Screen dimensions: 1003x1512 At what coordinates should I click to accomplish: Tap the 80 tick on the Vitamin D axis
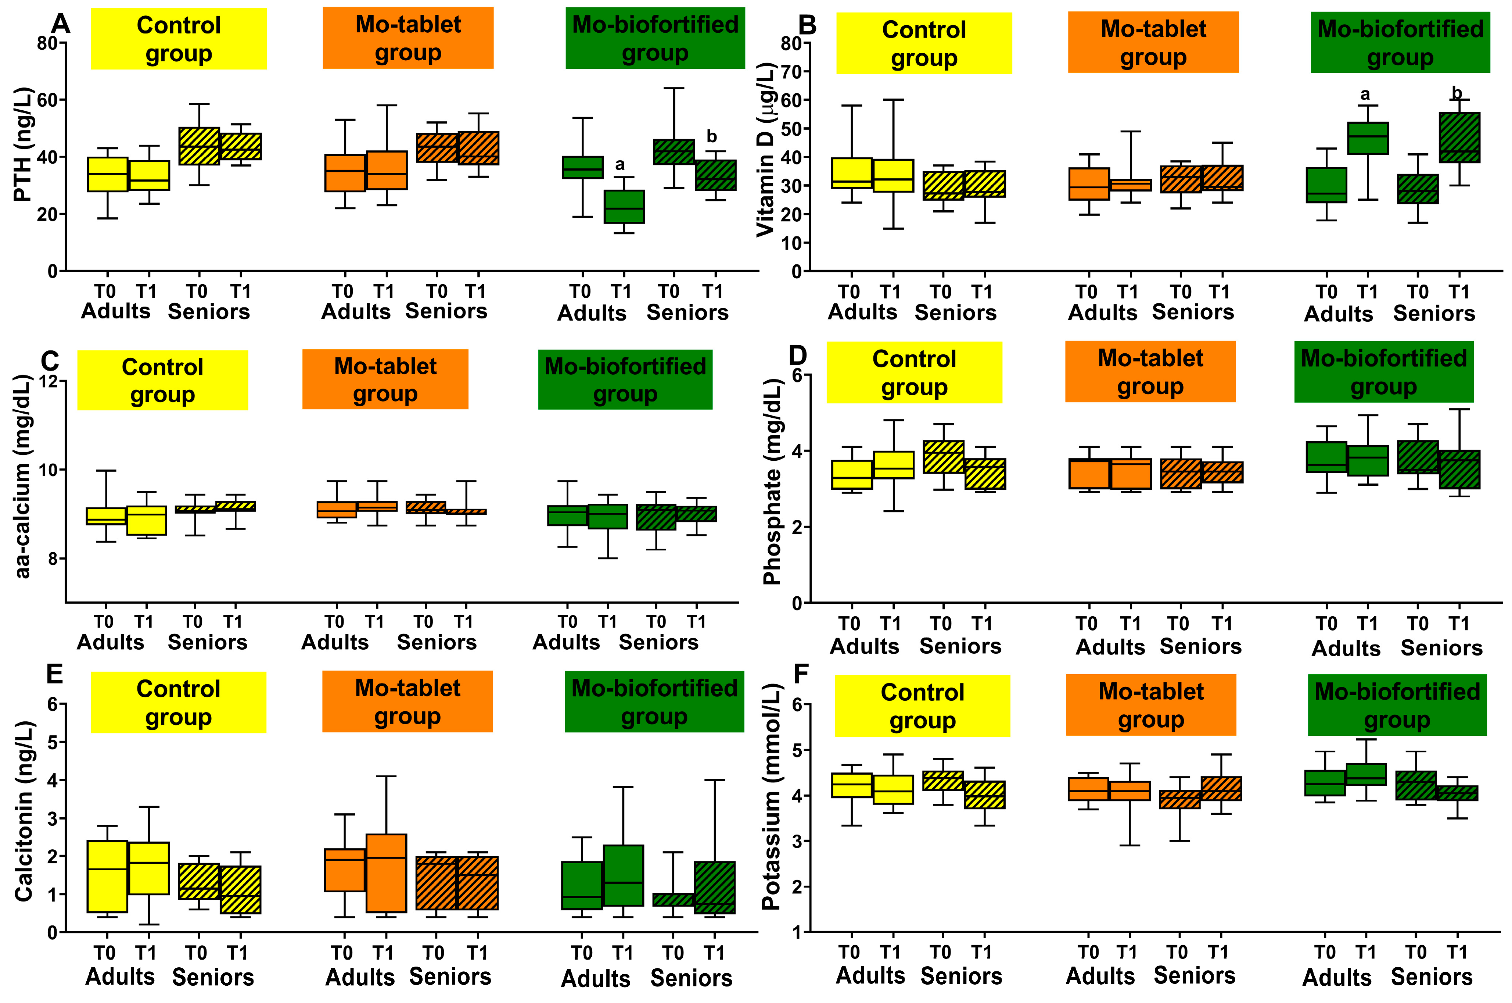(x=791, y=43)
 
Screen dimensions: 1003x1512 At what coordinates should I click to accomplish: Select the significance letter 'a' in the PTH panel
(x=619, y=164)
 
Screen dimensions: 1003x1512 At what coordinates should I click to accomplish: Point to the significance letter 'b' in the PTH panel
(x=712, y=136)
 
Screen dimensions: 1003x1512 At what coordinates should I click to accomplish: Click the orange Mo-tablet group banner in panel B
(x=1153, y=42)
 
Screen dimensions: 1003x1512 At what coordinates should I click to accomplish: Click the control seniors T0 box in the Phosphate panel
(x=943, y=457)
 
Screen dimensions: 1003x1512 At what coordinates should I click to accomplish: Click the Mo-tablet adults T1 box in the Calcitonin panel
(x=386, y=873)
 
